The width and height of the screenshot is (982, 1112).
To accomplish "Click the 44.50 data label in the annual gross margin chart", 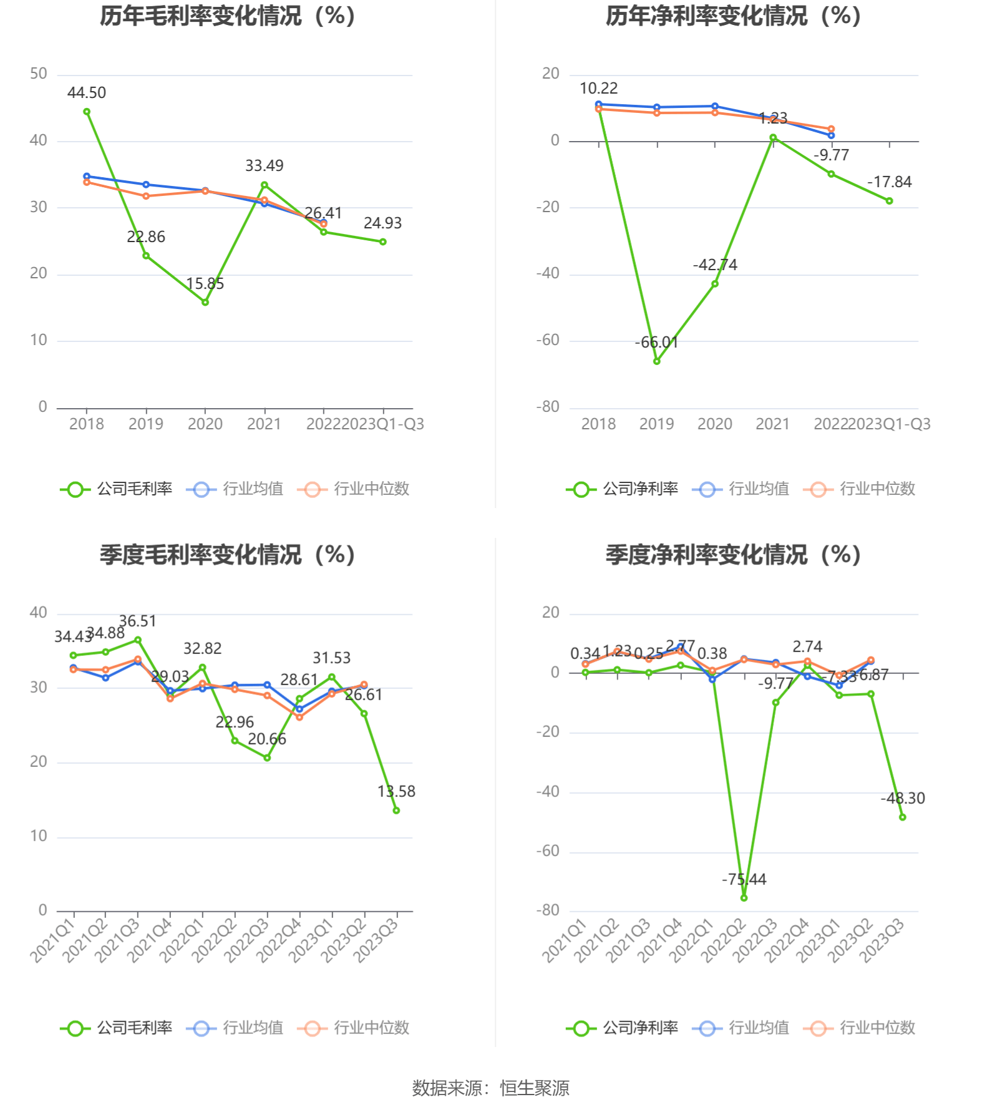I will [87, 93].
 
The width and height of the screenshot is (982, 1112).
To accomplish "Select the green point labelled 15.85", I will [205, 302].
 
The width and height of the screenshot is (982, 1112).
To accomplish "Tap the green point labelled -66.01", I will [657, 361].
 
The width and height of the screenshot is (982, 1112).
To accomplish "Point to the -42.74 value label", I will [715, 265].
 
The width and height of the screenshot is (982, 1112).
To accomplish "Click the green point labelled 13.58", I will [396, 811].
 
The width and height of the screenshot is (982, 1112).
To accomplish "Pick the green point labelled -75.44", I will [744, 898].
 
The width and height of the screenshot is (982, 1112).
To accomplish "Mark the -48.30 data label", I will [903, 798].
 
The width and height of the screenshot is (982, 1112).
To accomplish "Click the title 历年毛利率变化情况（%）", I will [228, 16].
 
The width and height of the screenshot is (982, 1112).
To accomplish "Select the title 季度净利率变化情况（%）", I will [734, 555].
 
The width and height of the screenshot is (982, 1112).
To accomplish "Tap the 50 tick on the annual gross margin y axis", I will [39, 74].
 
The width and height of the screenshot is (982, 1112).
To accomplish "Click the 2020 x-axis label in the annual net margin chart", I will [715, 424].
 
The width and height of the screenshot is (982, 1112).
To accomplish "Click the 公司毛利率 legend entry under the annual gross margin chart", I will [117, 489].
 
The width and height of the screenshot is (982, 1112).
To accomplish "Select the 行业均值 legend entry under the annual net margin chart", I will [741, 489].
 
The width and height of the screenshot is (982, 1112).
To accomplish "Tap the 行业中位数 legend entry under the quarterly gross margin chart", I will [354, 1028].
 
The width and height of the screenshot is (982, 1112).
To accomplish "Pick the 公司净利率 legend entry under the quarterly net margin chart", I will [623, 1028].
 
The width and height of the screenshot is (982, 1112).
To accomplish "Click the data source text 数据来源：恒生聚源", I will [491, 1088].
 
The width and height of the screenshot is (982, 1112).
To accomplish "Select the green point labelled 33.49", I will [265, 185].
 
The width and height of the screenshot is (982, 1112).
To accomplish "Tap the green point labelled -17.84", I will [889, 201].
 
